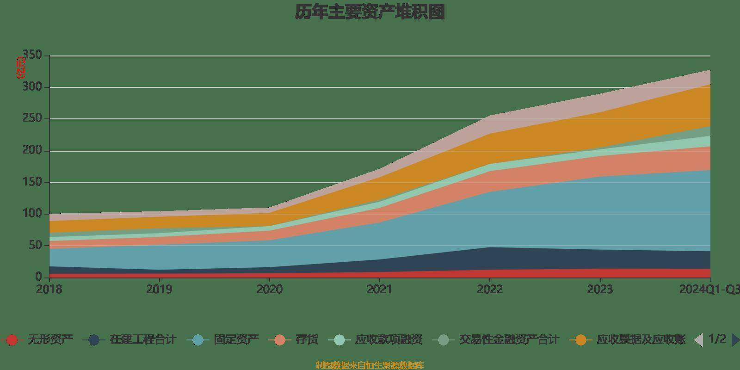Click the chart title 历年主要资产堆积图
click(370, 12)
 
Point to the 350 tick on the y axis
click(32, 55)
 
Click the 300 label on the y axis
click(32, 87)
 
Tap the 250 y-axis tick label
click(32, 119)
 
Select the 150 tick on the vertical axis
click(32, 182)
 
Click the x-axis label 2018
click(49, 290)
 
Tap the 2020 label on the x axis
click(269, 290)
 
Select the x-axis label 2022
click(490, 290)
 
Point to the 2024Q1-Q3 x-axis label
click(709, 290)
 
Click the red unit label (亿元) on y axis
click(21, 68)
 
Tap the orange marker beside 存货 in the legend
click(280, 340)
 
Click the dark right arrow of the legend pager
click(735, 340)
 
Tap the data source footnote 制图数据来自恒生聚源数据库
click(370, 365)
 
